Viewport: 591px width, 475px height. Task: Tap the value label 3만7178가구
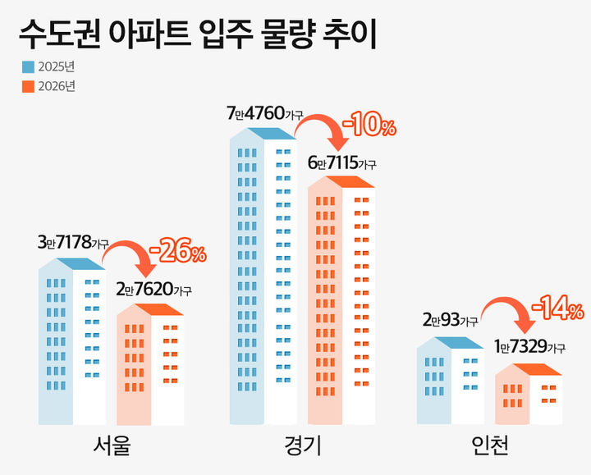72,244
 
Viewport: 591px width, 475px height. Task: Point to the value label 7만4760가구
264,114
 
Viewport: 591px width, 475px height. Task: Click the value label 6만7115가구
342,163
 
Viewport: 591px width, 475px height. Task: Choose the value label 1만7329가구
529,348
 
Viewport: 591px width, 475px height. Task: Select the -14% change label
557,309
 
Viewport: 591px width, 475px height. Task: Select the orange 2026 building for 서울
150,365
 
